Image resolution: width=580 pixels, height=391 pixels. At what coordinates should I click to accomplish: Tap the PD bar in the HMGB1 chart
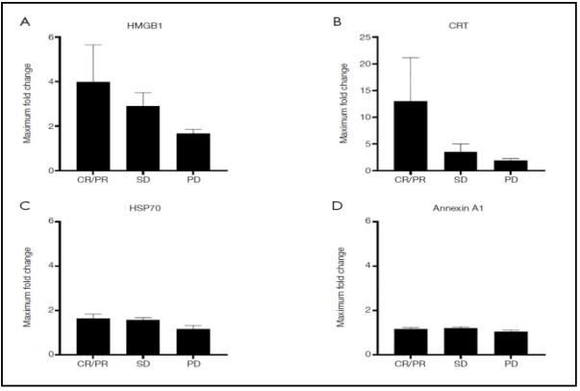point(195,151)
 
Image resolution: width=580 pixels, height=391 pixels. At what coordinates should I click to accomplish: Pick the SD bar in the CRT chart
point(441,161)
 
